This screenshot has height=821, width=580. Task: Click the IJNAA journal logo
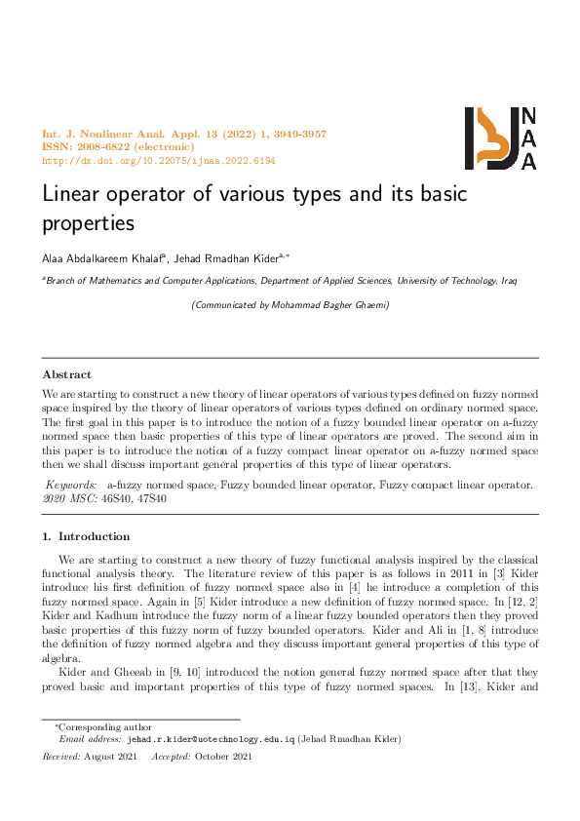(500, 138)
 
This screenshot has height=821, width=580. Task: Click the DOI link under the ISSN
(159, 160)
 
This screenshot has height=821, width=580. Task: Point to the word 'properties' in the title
(88, 224)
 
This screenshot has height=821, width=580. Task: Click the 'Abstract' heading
(67, 374)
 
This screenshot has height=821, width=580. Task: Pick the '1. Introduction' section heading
(86, 536)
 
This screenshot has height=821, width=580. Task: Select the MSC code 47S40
(151, 498)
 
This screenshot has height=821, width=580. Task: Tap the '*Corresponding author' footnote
(92, 726)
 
